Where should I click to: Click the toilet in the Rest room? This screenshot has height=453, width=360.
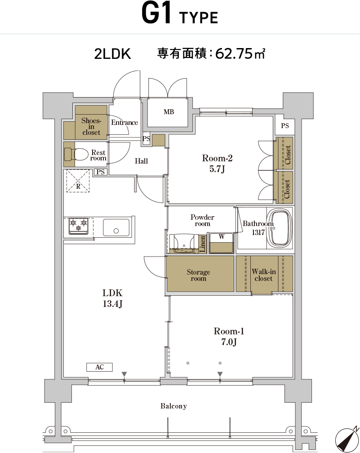point(76,155)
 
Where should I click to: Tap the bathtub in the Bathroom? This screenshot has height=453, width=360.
point(279,228)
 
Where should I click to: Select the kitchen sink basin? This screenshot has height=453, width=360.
point(116,228)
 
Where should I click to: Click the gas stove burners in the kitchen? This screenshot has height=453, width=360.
point(79,226)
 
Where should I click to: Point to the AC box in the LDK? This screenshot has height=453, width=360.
point(99,367)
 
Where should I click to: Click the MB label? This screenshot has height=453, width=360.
point(169,112)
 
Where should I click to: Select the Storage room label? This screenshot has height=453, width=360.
point(198,275)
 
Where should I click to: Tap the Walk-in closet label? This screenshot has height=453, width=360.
point(263,275)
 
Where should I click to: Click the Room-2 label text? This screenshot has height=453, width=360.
point(217,158)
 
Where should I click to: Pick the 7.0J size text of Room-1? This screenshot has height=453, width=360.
point(229,342)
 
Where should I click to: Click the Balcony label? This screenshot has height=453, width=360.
point(173,406)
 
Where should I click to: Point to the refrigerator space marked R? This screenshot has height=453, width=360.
point(78,181)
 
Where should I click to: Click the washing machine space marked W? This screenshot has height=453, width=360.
point(222,243)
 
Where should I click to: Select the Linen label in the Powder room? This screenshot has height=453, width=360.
point(203,244)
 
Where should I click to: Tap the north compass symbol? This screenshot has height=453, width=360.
point(347,440)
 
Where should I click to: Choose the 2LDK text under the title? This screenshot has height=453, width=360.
point(113,54)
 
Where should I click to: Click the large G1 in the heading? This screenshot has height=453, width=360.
point(156,13)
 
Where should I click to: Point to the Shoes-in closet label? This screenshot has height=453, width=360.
point(91,127)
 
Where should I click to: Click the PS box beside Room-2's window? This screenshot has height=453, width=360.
point(284,126)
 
